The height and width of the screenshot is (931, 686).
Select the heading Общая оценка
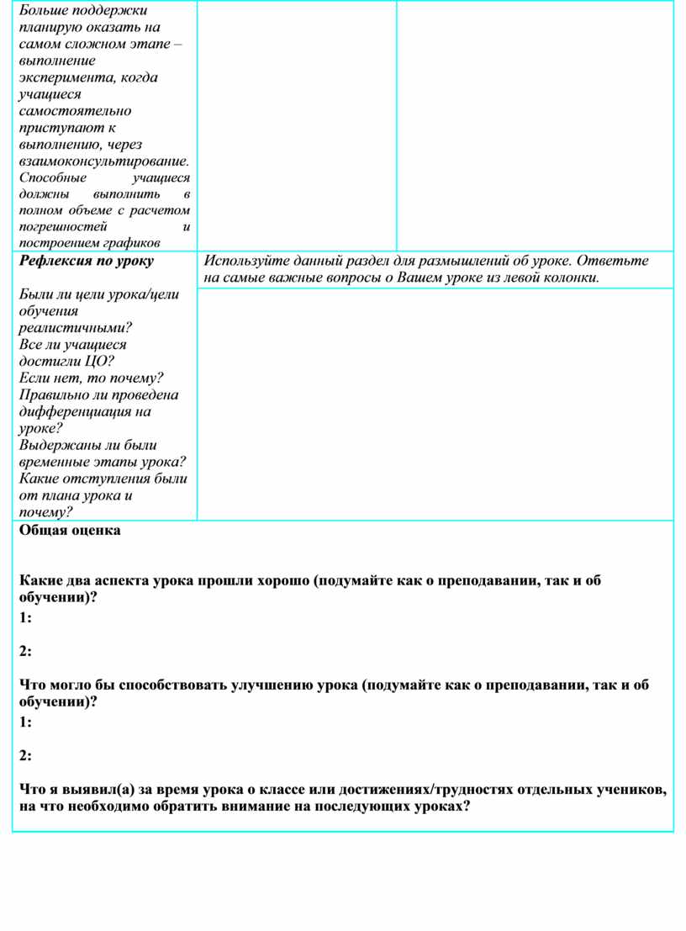click(x=70, y=531)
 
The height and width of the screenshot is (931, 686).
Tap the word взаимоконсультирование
click(x=103, y=161)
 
